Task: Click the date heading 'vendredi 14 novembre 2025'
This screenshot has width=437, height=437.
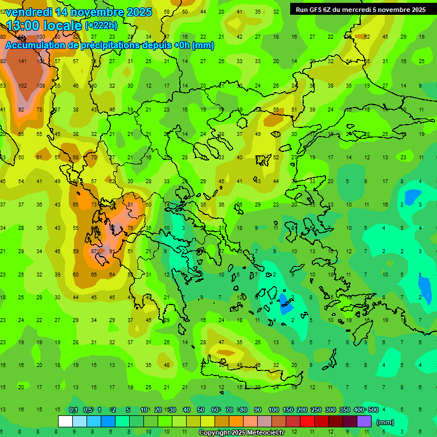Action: (79, 12)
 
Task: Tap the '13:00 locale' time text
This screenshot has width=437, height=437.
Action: (44, 25)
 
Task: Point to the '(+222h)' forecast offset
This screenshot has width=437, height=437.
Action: (102, 26)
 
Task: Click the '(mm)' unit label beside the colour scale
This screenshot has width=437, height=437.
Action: (385, 422)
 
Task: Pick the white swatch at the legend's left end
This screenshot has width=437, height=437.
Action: (65, 422)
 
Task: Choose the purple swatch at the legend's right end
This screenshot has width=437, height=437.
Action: (364, 422)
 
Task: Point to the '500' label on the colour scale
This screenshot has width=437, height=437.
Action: (373, 410)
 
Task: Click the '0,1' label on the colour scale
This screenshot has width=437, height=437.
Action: (73, 410)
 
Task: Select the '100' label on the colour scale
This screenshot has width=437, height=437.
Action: (274, 410)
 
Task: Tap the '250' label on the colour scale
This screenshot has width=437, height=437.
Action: (316, 410)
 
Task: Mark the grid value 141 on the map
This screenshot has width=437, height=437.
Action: (23, 61)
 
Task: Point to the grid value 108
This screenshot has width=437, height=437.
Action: (40, 85)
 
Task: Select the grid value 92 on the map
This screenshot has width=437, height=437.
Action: (21, 109)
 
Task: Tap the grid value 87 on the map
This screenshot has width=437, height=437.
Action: (94, 251)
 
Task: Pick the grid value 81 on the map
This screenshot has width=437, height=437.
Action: (130, 204)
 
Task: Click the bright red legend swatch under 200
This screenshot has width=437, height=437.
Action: (307, 422)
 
